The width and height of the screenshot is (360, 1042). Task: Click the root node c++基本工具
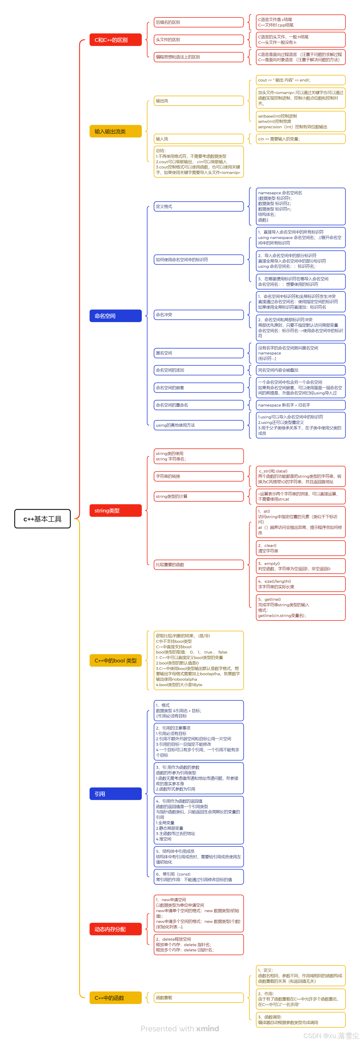[x=42, y=519]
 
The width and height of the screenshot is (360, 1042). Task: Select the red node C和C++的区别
[x=115, y=40]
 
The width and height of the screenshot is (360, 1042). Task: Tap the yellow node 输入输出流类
[x=115, y=131]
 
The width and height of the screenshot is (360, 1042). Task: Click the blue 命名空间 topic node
[x=115, y=315]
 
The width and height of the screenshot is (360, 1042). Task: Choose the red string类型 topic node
[x=115, y=510]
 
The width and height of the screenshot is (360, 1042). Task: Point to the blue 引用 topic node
[x=115, y=794]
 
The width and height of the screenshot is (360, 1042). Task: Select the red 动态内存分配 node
[x=115, y=929]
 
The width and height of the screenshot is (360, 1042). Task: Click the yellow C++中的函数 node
[x=115, y=997]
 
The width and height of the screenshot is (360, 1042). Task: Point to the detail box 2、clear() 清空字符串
[x=301, y=548]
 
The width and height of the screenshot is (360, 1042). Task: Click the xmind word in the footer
[x=208, y=1028]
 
